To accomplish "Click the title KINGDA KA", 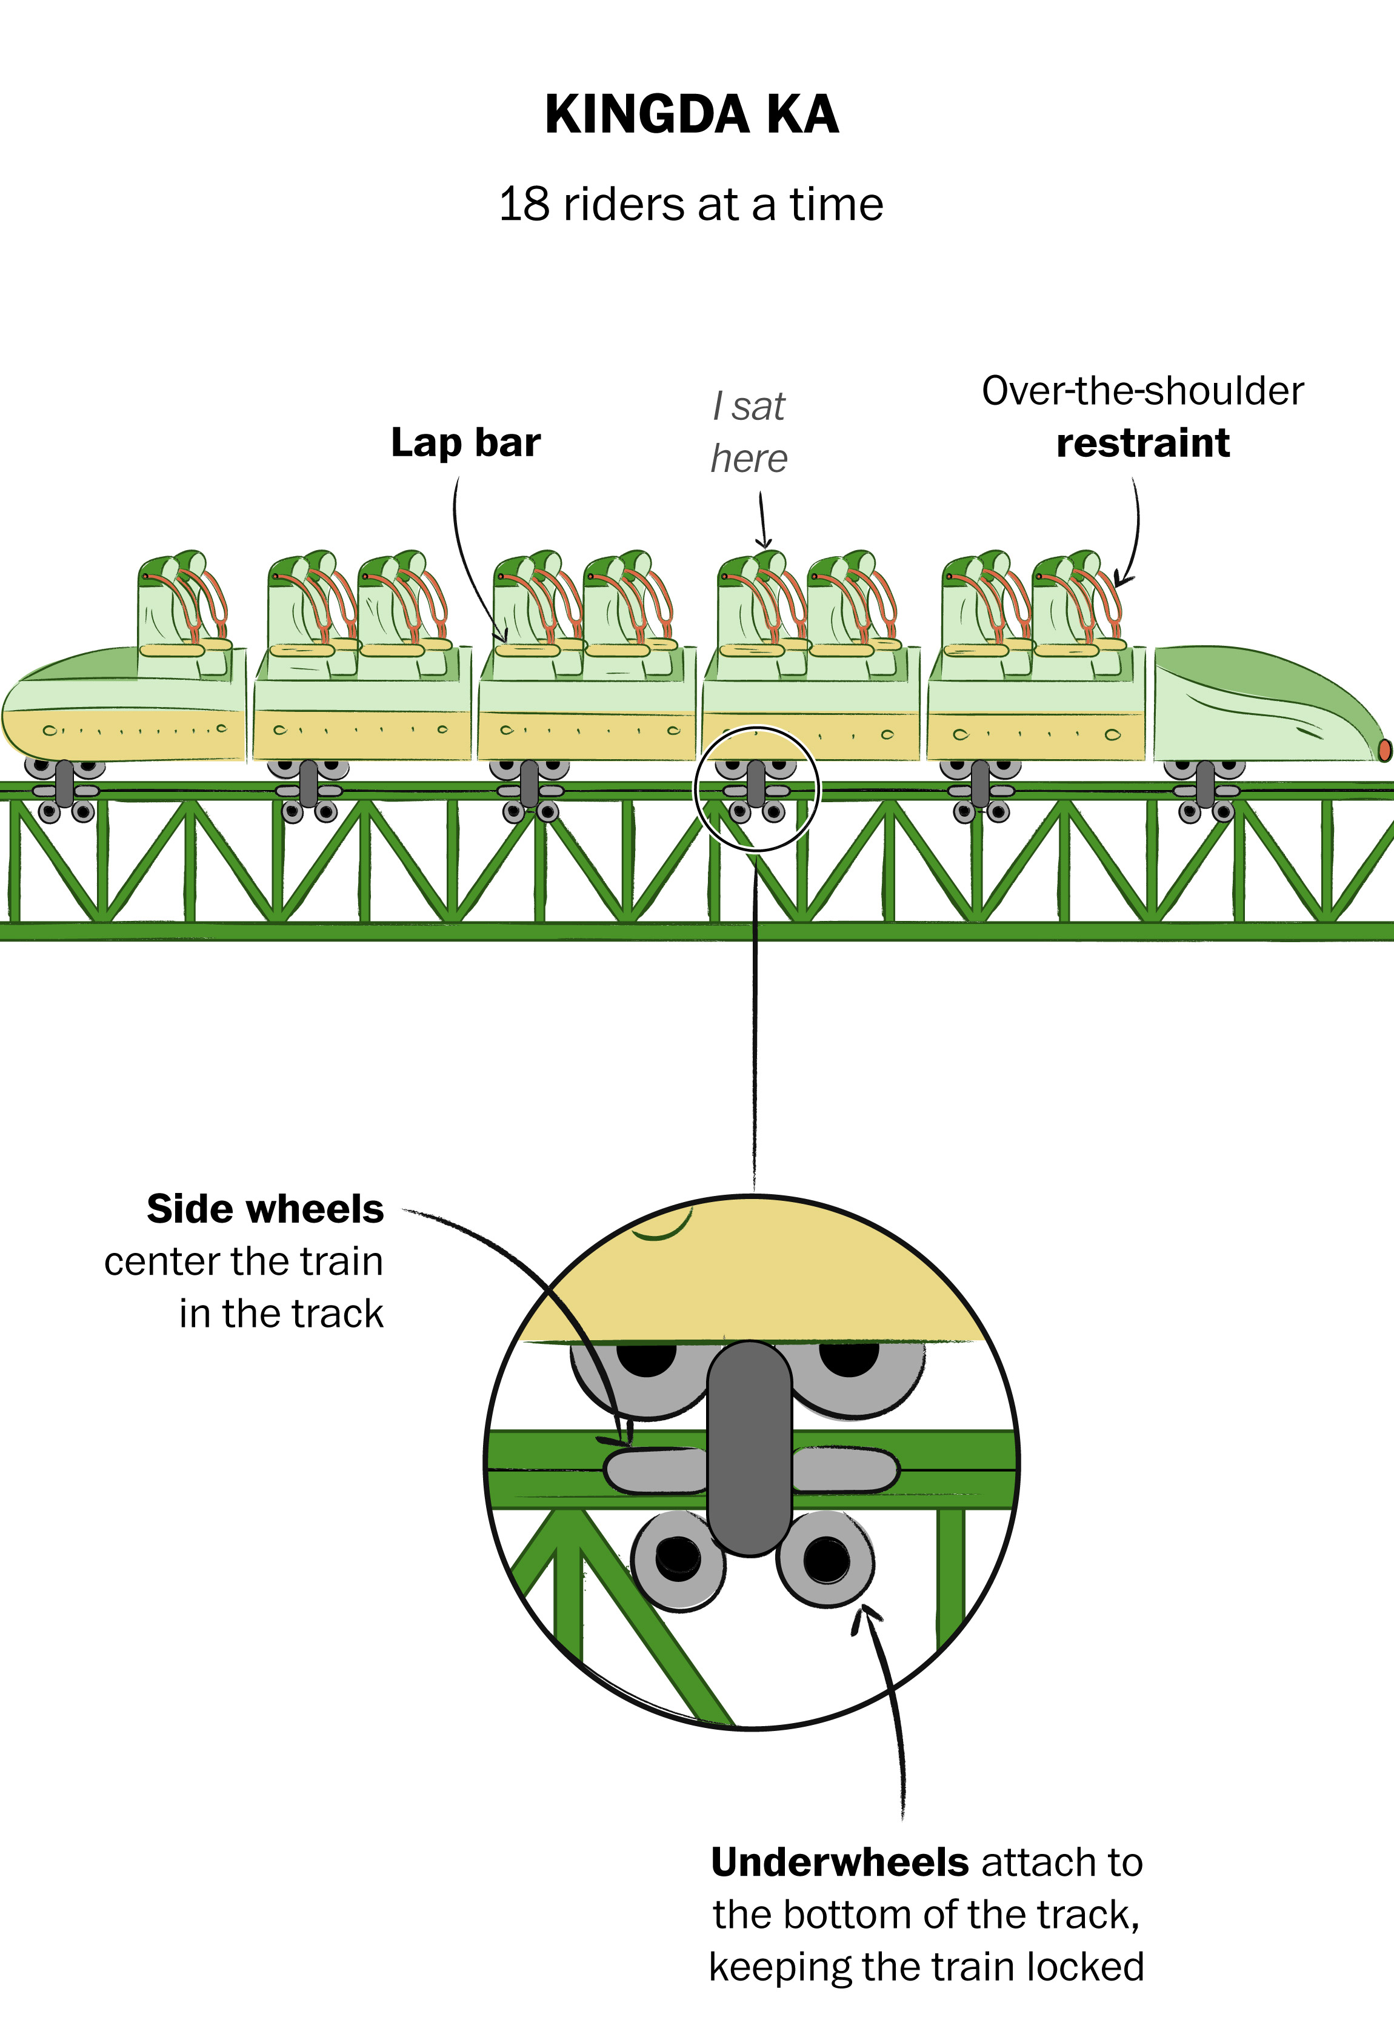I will [692, 115].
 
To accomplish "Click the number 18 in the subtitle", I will [525, 205].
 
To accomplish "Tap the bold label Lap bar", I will [465, 442].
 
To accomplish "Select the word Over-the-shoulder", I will [1142, 391].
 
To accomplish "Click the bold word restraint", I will [1142, 443].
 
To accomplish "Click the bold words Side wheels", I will [265, 1210].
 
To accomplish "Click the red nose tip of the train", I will [1384, 750].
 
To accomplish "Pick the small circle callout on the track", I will [756, 788].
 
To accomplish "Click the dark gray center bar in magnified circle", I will [750, 1446].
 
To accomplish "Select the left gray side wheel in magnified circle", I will [655, 1470].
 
